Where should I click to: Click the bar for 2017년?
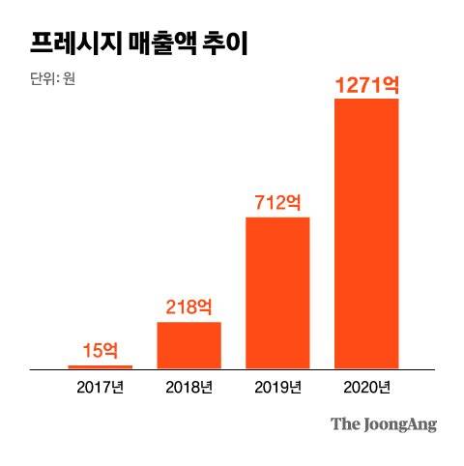[101, 366]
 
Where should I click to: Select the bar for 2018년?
[189, 345]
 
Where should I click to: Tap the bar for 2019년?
[278, 293]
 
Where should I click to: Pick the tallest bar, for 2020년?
[366, 233]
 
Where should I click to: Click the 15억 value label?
[101, 350]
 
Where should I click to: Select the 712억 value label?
[278, 203]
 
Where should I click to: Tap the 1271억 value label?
[366, 85]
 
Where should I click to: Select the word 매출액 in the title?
[158, 44]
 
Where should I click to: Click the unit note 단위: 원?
[52, 78]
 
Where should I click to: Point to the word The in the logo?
[344, 423]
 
